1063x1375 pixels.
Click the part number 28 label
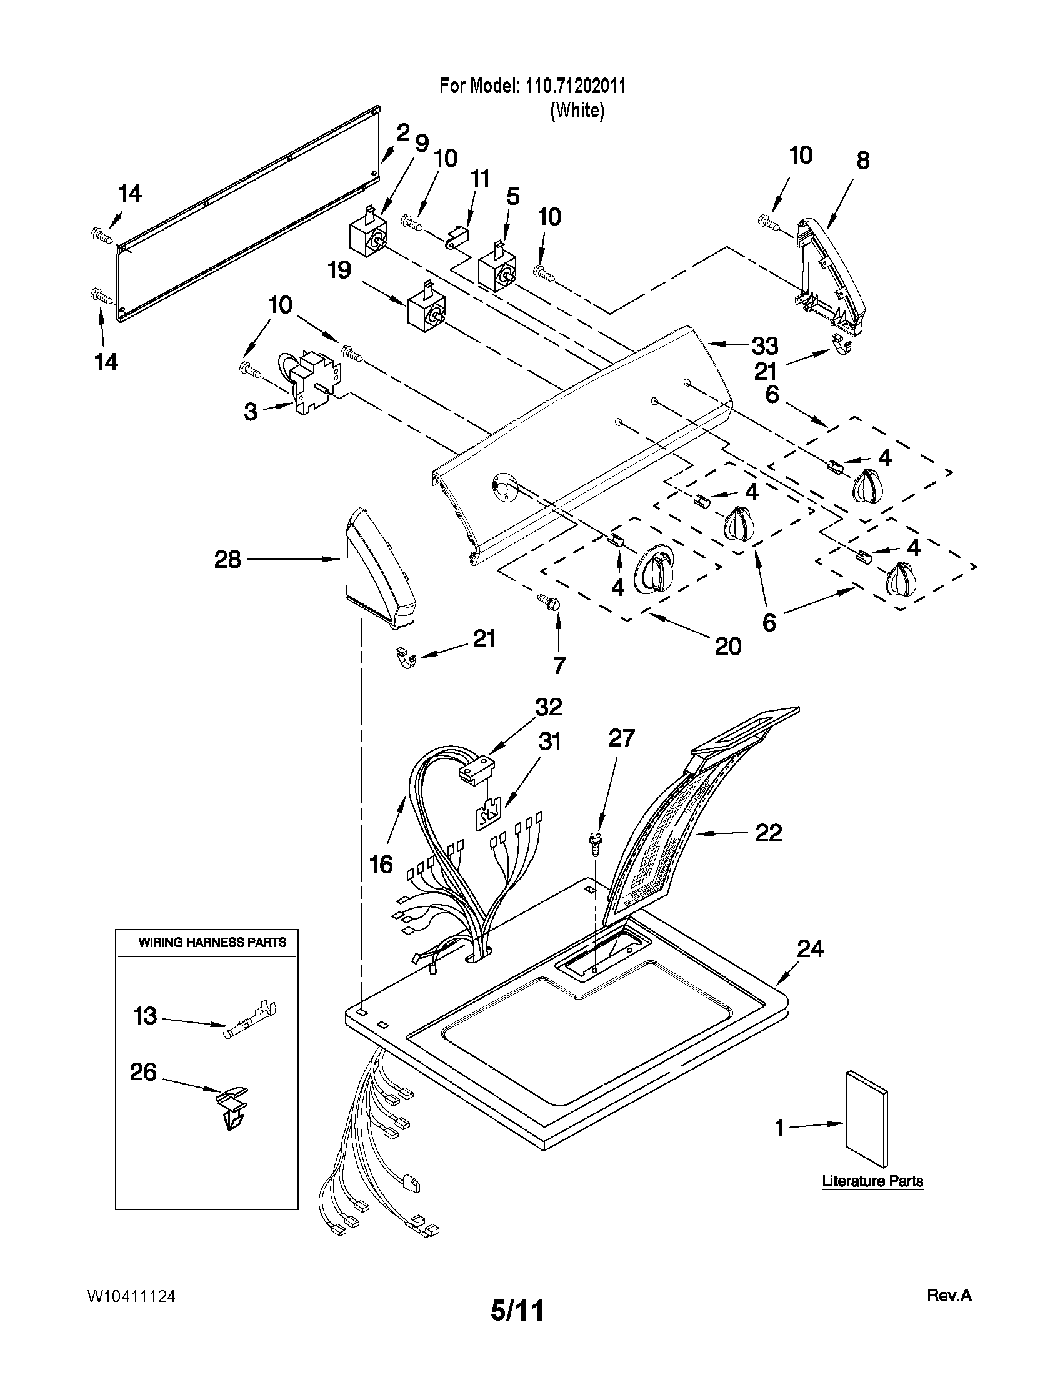[x=227, y=559]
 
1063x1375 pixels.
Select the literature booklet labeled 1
[x=868, y=1122]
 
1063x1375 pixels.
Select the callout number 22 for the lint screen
[x=768, y=833]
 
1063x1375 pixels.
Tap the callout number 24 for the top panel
[x=810, y=948]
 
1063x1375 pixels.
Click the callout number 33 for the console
[x=764, y=345]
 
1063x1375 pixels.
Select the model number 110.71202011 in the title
[x=572, y=86]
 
